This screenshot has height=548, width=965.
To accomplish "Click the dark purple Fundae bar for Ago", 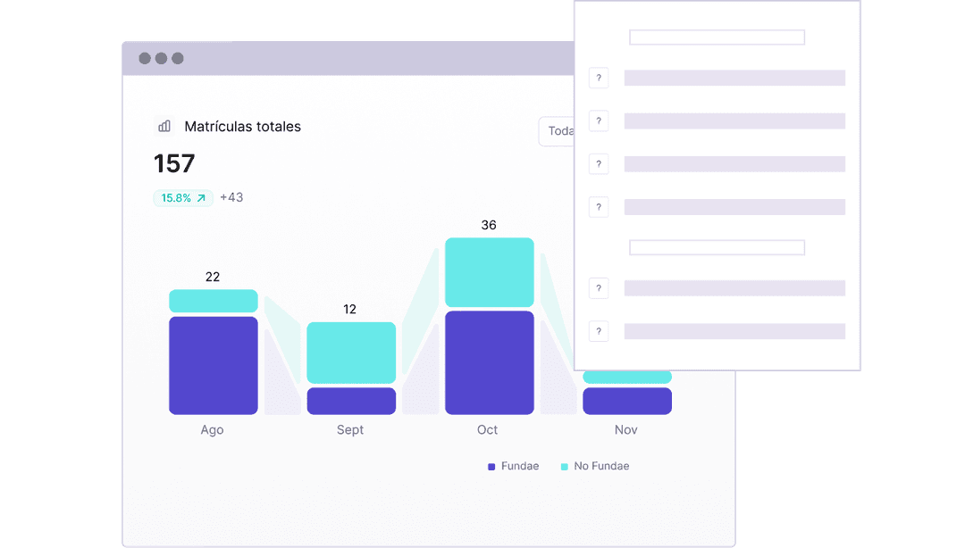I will pos(214,365).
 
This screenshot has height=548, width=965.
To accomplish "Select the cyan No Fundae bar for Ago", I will pos(214,301).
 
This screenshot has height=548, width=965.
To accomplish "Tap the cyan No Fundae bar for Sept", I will pos(351,353).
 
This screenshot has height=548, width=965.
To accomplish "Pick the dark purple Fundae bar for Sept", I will pos(351,401).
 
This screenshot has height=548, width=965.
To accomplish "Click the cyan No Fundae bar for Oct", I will pos(489,272).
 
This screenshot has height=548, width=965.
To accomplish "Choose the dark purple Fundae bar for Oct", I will pos(489,362).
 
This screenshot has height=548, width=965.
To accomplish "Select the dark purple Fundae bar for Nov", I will pos(626,401).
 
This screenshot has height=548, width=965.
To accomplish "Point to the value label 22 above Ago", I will pos(213,277).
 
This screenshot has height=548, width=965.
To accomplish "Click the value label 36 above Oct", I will pos(489,225).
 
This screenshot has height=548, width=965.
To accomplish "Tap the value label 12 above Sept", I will pos(350,309).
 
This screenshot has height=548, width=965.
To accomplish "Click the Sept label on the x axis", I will pos(350,430).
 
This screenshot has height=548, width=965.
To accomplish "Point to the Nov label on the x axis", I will pos(626,430).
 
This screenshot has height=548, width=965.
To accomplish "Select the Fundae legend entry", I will pos(514,466).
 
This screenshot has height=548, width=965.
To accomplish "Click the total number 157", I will pos(174,163).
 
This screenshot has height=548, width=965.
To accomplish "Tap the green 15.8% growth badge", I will pos(183,198).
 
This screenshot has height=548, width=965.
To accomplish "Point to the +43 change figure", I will pos(231,197).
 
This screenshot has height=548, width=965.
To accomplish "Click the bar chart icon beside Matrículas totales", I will pos(164,126).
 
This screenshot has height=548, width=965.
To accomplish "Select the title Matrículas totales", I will pos(242,127).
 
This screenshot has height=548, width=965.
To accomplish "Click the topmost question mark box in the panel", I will pos(599,78).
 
